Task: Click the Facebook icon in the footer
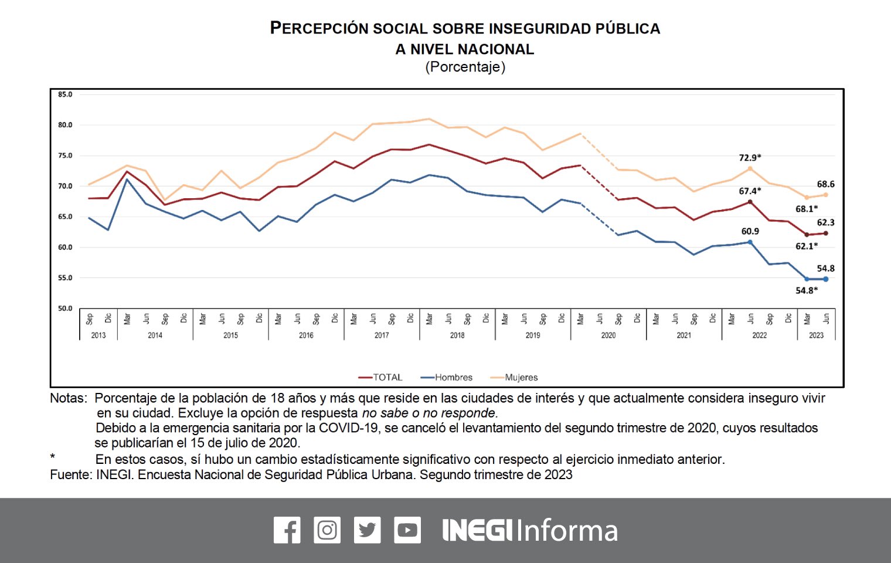(x=287, y=530)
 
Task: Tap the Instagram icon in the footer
(x=327, y=530)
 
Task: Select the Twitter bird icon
(x=367, y=530)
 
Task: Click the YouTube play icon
(x=407, y=530)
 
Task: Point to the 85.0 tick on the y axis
(x=65, y=94)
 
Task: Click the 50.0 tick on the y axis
(x=65, y=308)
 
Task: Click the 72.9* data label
(x=750, y=158)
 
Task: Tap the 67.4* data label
(x=750, y=191)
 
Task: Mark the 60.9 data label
(x=750, y=232)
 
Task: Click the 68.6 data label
(x=825, y=184)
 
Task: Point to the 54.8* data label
(x=807, y=291)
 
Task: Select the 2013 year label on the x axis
(x=98, y=335)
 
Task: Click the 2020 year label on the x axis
(x=608, y=335)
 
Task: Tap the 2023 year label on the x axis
(x=816, y=335)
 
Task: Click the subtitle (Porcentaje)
(x=465, y=67)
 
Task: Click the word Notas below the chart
(x=68, y=398)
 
